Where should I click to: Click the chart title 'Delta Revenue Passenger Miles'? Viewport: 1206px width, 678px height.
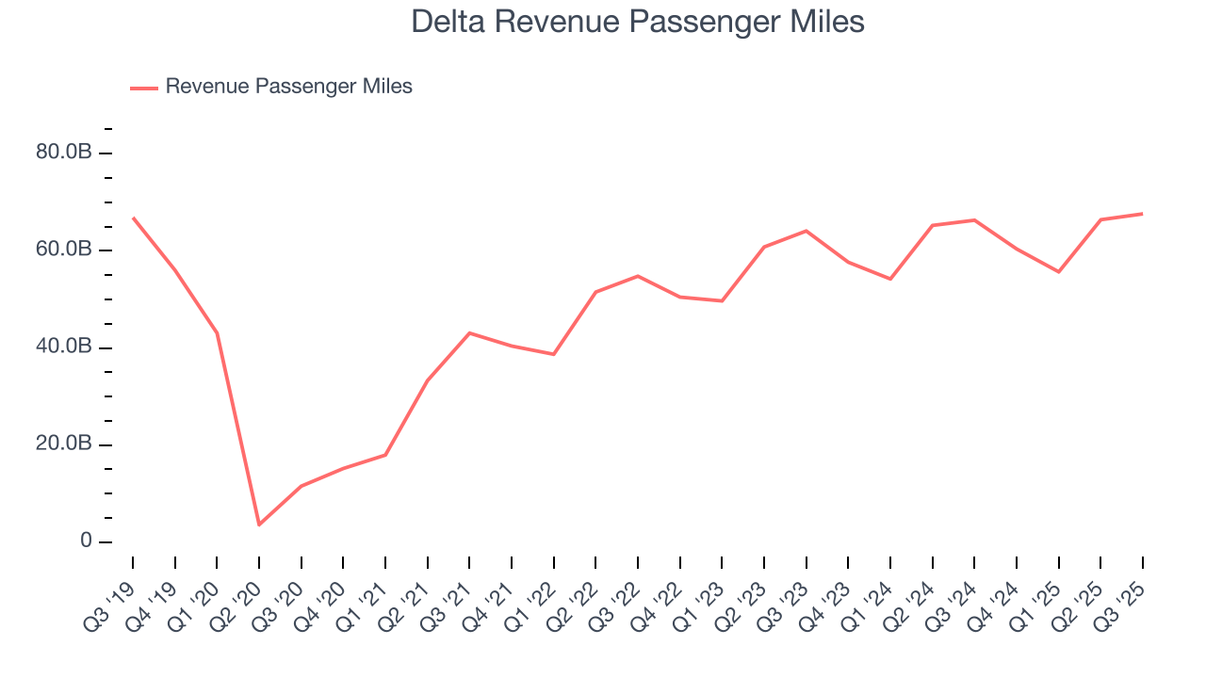(638, 22)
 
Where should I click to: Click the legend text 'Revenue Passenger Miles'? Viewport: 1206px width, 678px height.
(288, 87)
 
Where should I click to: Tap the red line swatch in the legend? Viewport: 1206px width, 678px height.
(143, 88)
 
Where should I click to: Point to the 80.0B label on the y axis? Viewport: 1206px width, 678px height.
(63, 153)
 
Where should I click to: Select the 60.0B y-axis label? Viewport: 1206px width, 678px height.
(63, 250)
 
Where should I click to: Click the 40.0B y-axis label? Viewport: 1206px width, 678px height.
(63, 347)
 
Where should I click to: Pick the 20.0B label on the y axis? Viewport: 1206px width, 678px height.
(63, 444)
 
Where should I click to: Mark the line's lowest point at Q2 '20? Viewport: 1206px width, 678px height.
(259, 525)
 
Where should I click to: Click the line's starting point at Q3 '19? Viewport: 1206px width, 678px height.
(133, 218)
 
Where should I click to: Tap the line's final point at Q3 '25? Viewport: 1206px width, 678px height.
(1143, 214)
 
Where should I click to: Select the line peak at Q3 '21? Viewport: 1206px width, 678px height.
(469, 332)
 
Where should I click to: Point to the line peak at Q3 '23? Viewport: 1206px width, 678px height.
(807, 231)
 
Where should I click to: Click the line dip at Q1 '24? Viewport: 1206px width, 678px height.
(890, 279)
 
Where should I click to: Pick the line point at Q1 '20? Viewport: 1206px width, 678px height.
(217, 332)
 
